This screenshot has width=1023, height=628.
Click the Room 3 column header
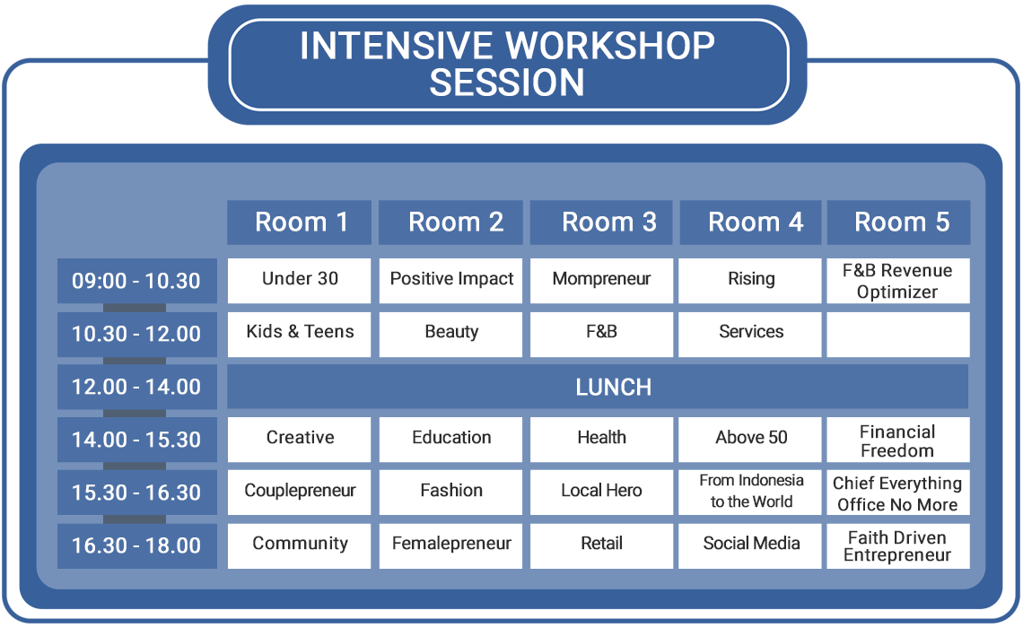coord(601,222)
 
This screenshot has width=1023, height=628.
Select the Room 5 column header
coord(898,222)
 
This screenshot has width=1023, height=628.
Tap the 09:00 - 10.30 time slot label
coord(137,281)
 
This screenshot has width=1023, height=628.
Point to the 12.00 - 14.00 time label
coord(137,387)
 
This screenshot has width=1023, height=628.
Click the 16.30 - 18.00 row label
coord(137,545)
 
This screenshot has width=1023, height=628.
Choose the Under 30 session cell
coord(300,281)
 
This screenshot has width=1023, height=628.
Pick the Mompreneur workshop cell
coord(601,281)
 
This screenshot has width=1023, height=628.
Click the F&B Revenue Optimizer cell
coord(898,281)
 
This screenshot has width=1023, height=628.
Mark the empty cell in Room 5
coord(898,335)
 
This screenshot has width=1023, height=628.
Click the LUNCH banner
coord(598,387)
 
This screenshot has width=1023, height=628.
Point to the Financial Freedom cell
coord(898,440)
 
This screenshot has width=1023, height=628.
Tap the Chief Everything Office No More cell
coord(898,493)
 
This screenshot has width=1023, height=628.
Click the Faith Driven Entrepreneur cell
coord(898,545)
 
